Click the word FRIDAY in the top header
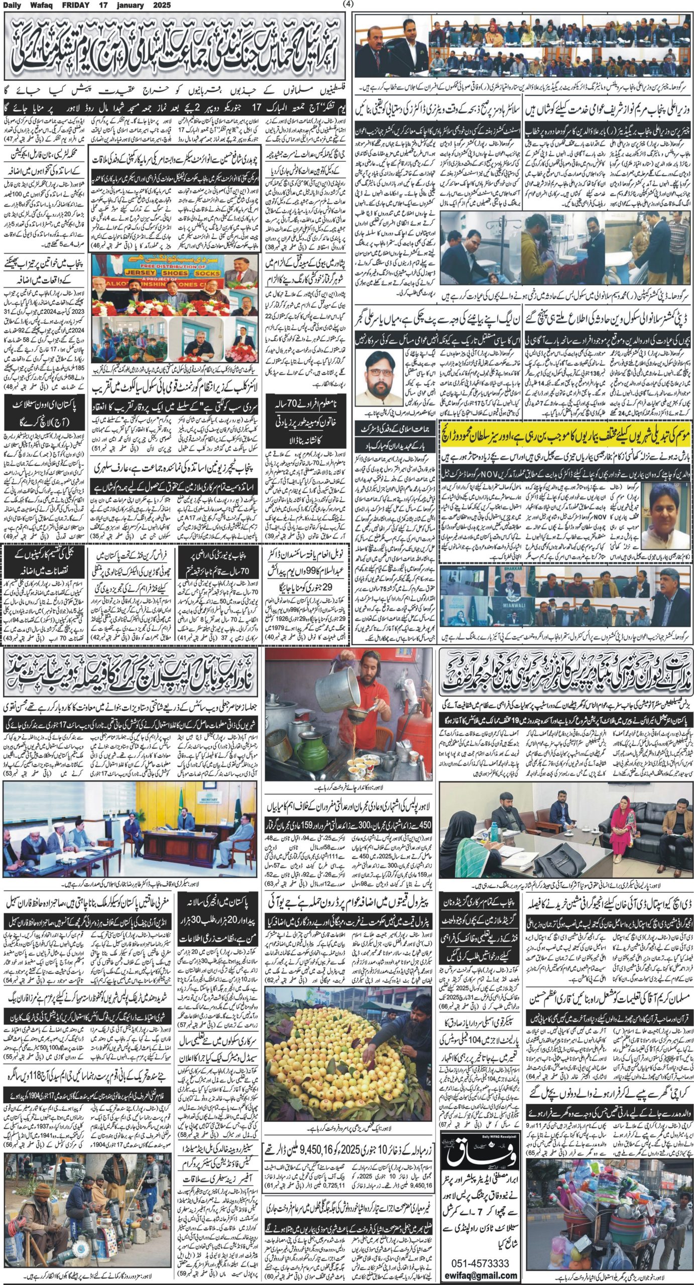click(64, 6)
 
